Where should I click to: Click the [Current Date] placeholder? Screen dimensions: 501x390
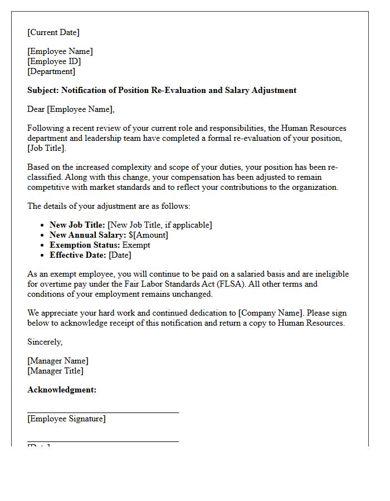point(53,32)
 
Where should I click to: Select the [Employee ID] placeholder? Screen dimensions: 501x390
point(54,61)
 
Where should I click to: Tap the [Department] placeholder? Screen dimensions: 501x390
point(51,71)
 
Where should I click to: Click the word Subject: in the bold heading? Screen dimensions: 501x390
point(43,90)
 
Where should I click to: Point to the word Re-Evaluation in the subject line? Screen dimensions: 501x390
point(177,90)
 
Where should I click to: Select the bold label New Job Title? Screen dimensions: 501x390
point(77,225)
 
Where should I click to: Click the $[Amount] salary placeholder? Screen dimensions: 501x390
point(148,235)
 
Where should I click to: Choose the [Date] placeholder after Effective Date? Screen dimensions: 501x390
point(120,255)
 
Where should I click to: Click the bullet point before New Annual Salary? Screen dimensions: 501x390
point(43,235)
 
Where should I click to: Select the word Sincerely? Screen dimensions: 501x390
point(45,342)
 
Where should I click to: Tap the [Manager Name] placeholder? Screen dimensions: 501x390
point(58,361)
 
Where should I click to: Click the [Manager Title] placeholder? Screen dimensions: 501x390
point(55,371)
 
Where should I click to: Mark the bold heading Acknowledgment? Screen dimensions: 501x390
point(62,390)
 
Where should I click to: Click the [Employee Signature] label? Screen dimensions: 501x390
point(66,419)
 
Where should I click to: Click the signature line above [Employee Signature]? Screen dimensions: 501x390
point(103,412)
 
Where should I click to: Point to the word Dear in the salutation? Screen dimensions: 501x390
point(36,109)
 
